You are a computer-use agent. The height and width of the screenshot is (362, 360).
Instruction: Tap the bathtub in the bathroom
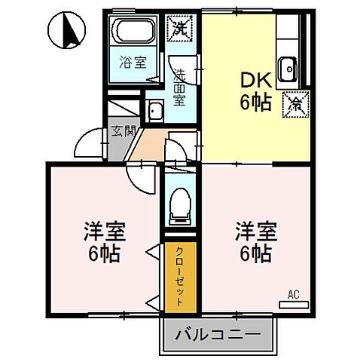tap(135, 32)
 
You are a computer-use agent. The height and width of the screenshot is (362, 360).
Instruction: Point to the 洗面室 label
tap(179, 86)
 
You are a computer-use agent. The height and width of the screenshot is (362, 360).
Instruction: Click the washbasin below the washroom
tap(156, 112)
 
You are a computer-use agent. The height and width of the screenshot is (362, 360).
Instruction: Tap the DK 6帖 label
tap(255, 91)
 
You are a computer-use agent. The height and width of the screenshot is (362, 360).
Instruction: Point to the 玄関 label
tap(124, 130)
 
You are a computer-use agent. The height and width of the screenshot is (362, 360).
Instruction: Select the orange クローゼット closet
tap(181, 275)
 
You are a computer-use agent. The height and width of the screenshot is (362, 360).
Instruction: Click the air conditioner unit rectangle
tap(293, 305)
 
